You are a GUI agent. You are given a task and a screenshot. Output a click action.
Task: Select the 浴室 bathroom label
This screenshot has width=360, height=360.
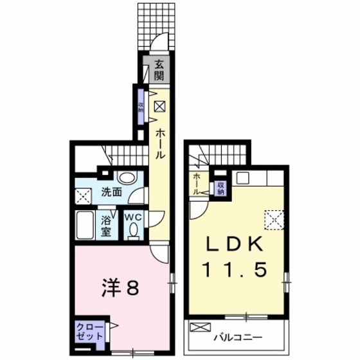[x=107, y=222]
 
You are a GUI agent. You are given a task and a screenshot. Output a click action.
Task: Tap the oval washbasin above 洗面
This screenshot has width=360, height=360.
[x=127, y=179]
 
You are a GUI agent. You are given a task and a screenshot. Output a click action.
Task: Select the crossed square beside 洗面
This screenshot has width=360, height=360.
[x=82, y=197]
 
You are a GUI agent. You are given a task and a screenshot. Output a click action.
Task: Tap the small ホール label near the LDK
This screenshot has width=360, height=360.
[x=196, y=184]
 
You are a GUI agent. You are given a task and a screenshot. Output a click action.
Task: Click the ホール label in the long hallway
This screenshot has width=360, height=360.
[x=159, y=143]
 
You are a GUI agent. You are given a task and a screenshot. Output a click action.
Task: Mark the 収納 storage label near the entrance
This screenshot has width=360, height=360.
[x=141, y=105]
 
